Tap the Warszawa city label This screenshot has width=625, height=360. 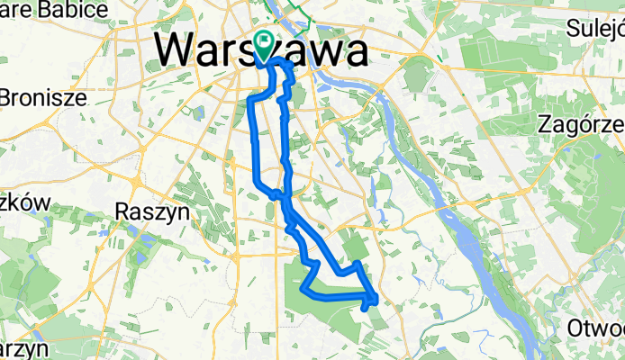point(262,50)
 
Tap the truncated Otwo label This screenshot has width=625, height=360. point(596,329)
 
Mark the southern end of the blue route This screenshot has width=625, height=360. point(364,309)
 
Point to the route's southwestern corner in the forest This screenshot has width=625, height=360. point(304,291)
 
